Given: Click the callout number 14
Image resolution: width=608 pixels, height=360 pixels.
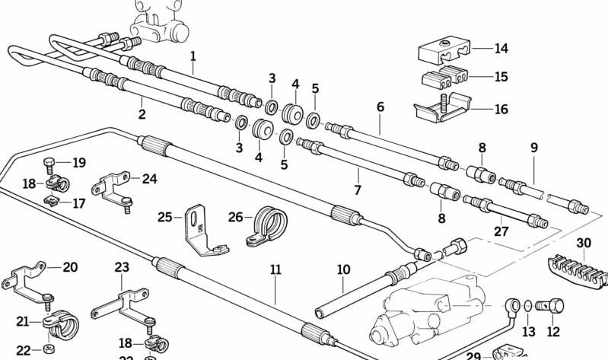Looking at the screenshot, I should pyautogui.click(x=500, y=49).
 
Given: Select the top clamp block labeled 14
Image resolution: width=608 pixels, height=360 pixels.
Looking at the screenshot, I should pyautogui.click(x=444, y=51).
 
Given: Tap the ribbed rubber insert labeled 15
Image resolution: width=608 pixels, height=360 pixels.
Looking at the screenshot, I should pyautogui.click(x=444, y=80).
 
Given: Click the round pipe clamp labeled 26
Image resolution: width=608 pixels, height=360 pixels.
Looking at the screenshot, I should pyautogui.click(x=267, y=226).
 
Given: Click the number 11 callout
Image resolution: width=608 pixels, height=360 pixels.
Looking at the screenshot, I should pyautogui.click(x=275, y=269).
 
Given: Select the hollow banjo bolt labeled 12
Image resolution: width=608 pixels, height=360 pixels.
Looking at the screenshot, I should pyautogui.click(x=552, y=308).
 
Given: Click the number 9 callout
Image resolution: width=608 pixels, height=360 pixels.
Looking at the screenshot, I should pyautogui.click(x=533, y=148).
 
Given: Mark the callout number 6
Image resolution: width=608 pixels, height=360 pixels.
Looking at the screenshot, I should pyautogui.click(x=380, y=107).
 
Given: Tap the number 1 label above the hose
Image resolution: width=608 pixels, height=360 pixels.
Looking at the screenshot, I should pyautogui.click(x=193, y=56).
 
